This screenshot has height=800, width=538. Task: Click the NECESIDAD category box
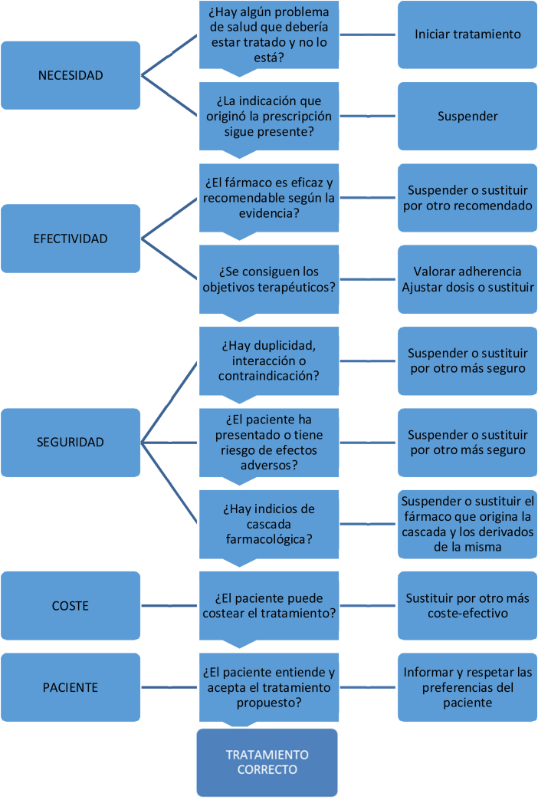click(x=71, y=75)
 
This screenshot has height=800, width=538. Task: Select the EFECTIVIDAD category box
click(x=71, y=239)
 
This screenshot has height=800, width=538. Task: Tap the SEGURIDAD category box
click(x=71, y=442)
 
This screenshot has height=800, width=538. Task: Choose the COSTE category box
click(x=71, y=605)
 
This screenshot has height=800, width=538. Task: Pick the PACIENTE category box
click(x=71, y=687)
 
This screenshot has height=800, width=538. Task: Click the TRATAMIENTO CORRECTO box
click(x=267, y=762)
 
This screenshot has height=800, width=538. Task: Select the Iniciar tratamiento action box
click(x=467, y=35)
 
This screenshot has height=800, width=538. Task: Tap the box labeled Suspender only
click(x=467, y=117)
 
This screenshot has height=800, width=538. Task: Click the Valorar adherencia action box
click(x=467, y=279)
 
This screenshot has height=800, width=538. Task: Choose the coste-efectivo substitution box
click(x=467, y=605)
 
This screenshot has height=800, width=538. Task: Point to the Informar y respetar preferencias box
click(x=467, y=687)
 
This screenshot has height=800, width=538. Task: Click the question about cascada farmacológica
click(x=268, y=524)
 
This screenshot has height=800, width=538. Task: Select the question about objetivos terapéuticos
click(x=268, y=279)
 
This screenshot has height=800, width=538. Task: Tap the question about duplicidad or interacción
click(x=268, y=360)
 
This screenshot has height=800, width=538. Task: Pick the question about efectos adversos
click(x=268, y=442)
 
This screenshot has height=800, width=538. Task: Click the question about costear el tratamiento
click(x=268, y=605)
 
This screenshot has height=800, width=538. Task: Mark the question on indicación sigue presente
click(x=268, y=117)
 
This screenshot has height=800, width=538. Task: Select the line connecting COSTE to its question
click(x=170, y=605)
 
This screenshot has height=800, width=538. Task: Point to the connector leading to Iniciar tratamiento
click(x=368, y=35)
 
